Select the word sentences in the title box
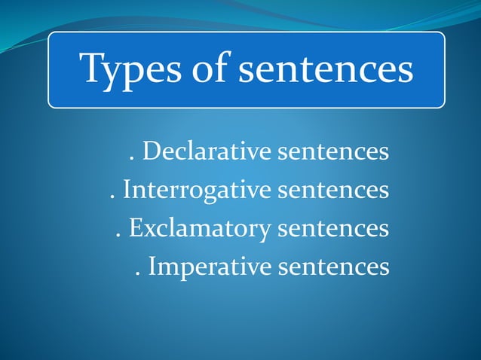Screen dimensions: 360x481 point(326,69)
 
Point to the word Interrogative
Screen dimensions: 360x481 point(198,189)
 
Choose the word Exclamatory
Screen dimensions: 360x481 point(201,227)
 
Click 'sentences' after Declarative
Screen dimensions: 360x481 point(333,152)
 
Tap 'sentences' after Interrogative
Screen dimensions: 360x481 point(333,190)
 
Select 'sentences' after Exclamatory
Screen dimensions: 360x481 point(333,227)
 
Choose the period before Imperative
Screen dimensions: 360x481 point(138,273)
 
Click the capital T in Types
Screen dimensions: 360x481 point(93,69)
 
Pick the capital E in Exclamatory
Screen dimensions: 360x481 point(135,227)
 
